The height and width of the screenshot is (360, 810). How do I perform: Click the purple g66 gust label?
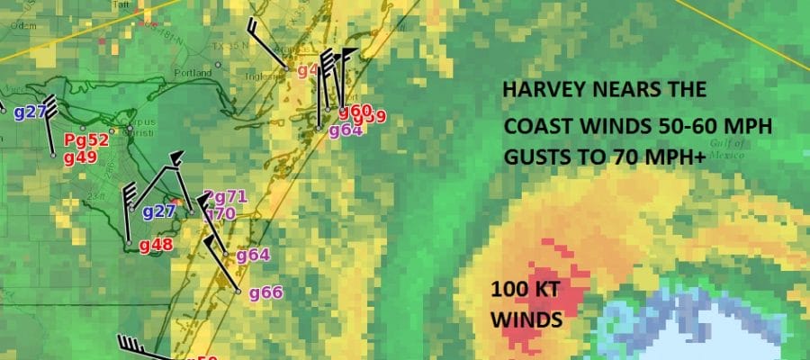tap(265, 292)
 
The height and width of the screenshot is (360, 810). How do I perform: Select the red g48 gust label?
tap(156, 244)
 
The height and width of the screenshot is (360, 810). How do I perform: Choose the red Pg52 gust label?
tap(86, 139)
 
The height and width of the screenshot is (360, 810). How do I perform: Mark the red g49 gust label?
tap(80, 157)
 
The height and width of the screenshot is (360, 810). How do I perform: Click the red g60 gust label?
tap(355, 111)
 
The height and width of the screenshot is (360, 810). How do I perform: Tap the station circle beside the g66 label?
tap(238, 292)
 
